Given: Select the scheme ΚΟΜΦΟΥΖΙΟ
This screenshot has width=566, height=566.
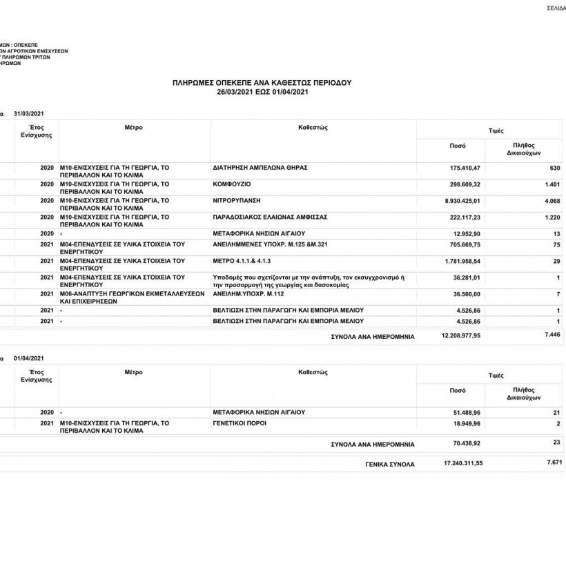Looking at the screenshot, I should point(232,184).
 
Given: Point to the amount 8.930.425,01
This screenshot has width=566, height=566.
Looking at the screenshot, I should point(462,200).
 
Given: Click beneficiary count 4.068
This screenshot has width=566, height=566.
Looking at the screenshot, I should point(552,200).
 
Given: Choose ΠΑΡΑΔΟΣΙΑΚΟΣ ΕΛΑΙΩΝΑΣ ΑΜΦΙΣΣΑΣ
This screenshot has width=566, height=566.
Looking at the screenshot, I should point(270,217).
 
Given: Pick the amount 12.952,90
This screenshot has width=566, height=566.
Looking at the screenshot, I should point(467,233).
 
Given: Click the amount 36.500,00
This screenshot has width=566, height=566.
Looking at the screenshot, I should point(467,293).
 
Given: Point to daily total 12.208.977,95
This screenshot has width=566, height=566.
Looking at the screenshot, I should point(460,336).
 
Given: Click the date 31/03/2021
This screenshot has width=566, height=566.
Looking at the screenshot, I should point(28,113).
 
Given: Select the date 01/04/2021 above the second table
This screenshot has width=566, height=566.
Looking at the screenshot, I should point(28,358).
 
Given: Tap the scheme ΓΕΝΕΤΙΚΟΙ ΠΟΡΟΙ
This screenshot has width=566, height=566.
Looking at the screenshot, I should point(240,422).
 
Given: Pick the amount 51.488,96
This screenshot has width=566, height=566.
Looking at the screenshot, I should point(467,412).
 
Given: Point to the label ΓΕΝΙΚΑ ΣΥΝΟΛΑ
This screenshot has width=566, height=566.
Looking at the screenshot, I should point(390,465).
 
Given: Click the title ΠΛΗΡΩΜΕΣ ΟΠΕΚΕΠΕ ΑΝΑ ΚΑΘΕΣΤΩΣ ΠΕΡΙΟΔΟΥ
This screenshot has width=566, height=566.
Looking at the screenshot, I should point(262,82).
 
